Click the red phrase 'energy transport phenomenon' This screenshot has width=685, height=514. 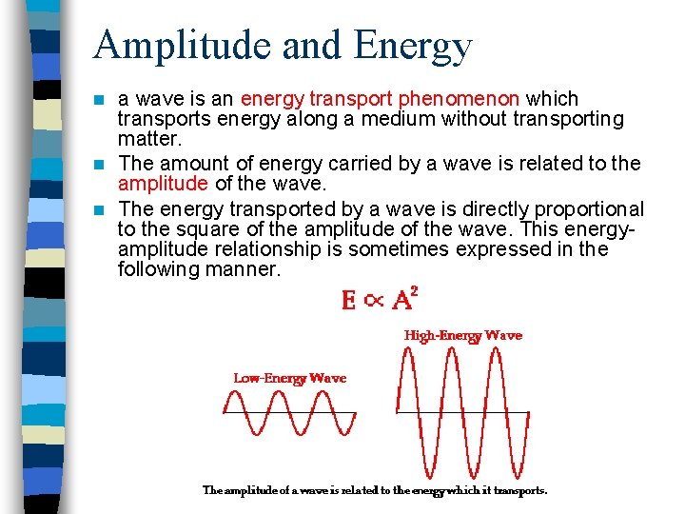point(381,99)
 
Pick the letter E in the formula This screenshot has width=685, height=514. point(349,301)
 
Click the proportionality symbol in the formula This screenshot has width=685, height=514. point(375,302)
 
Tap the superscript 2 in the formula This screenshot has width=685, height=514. point(415,292)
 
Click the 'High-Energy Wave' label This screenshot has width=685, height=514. point(463,335)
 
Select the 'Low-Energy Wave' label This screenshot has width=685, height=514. point(290,378)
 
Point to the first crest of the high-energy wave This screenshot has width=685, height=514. point(410,353)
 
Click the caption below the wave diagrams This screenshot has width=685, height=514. point(375,491)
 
